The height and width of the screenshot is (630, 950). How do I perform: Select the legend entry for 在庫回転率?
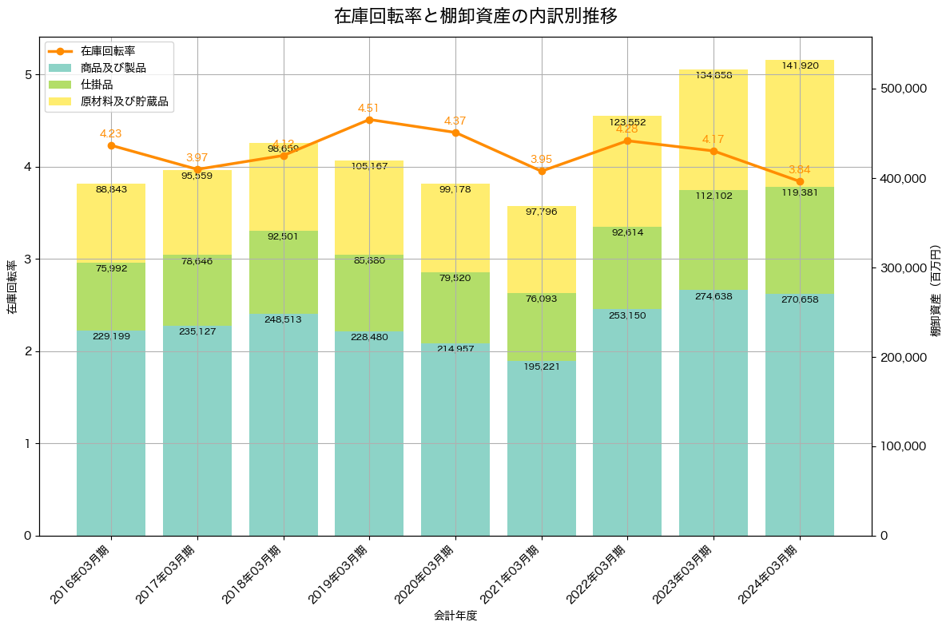pyautogui.click(x=113, y=51)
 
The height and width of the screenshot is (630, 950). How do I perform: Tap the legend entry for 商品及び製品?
pyautogui.click(x=113, y=68)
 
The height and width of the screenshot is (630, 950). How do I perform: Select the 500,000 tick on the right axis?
pyautogui.click(x=902, y=88)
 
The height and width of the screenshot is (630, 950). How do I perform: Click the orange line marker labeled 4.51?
pyautogui.click(x=369, y=120)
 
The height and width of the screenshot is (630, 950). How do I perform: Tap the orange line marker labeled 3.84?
pyautogui.click(x=800, y=181)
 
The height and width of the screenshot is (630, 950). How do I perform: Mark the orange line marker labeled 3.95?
pyautogui.click(x=542, y=171)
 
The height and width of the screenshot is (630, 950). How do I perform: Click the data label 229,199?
pyautogui.click(x=111, y=337)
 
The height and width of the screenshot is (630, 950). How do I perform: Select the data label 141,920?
pyautogui.click(x=800, y=65)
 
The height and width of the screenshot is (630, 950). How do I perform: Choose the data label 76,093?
pyautogui.click(x=542, y=299)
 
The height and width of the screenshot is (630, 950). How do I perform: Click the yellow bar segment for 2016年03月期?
pyautogui.click(x=111, y=223)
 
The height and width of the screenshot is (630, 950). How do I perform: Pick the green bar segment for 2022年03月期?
pyautogui.click(x=627, y=267)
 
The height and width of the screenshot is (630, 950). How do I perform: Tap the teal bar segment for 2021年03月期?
pyautogui.click(x=542, y=447)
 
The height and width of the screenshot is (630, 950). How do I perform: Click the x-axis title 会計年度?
pyautogui.click(x=455, y=616)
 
